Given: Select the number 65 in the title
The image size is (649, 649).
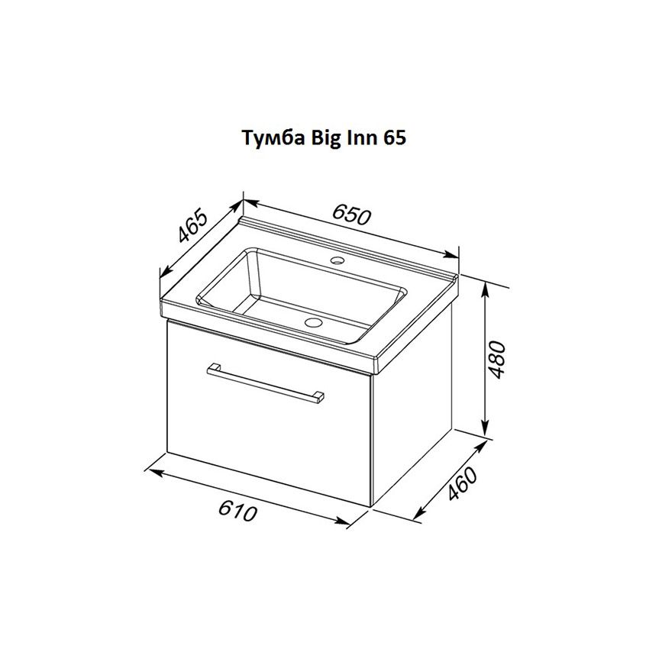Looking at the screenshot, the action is (395, 138).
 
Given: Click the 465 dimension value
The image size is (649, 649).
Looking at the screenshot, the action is (192, 226).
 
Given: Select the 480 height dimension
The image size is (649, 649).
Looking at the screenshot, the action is (497, 360).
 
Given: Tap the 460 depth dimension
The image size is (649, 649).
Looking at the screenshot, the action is (463, 483).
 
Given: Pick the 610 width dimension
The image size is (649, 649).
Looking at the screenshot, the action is (237, 510).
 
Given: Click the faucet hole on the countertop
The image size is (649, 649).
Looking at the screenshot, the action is (337, 261).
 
